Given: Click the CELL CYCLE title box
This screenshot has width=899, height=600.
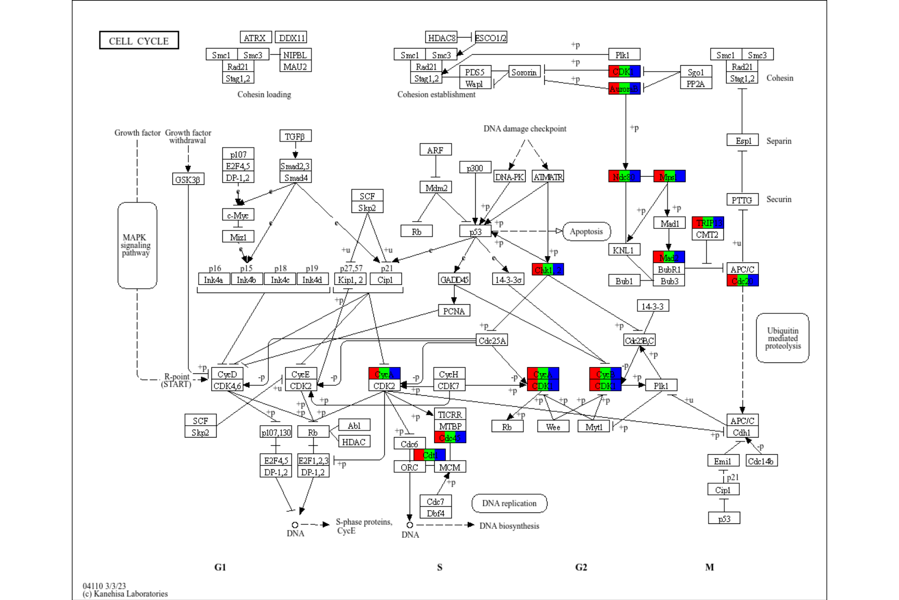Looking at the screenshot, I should click(139, 40).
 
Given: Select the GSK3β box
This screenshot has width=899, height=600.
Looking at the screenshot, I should click(188, 179).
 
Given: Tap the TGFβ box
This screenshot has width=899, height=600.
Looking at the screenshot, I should click(295, 136).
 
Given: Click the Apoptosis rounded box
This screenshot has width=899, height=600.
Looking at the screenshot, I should click(586, 231).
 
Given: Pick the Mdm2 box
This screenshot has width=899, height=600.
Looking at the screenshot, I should click(436, 187).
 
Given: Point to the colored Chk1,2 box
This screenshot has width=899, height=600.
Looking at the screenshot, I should click(547, 270).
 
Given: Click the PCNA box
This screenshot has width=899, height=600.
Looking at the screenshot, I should click(454, 311).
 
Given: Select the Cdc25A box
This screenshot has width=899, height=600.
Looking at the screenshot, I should click(492, 340).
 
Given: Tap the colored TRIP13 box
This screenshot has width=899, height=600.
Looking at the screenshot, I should click(707, 223).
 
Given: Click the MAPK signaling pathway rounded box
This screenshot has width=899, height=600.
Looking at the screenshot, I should click(137, 245).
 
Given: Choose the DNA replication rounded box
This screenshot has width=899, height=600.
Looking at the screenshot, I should click(509, 503).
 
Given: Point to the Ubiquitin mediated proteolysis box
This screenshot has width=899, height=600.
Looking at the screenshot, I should click(782, 338).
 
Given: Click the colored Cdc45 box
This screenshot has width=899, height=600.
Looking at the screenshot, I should click(450, 437).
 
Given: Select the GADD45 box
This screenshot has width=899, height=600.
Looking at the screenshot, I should click(454, 279).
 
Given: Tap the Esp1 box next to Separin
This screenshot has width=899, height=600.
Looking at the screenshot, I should click(742, 140).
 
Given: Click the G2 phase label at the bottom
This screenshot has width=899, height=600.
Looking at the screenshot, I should click(581, 567).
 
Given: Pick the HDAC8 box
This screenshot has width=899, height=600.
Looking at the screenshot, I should click(441, 37).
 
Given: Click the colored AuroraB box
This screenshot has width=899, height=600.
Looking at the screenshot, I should click(624, 89).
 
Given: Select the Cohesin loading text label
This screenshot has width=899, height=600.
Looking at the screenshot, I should click(264, 95).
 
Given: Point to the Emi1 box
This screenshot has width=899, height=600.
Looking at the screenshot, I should click(723, 461).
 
